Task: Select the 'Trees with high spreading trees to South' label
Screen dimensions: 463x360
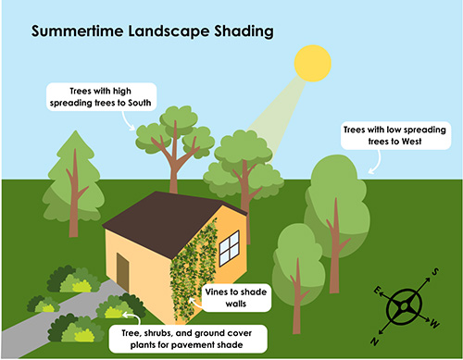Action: pyautogui.click(x=102, y=94)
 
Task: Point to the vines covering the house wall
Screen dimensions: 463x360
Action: pyautogui.click(x=194, y=268)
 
